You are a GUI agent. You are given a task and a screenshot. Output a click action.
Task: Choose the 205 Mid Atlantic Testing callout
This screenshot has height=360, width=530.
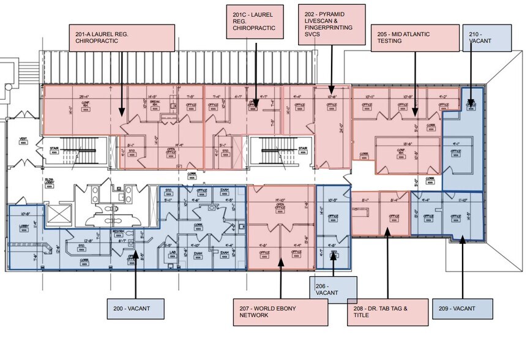click(415, 37)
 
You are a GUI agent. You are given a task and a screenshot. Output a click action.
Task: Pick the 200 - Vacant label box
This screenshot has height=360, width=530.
click(136, 307)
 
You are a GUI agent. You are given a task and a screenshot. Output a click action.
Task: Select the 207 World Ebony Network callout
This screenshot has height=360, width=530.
click(280, 312)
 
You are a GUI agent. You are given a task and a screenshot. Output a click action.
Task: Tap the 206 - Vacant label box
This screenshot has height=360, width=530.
click(333, 289)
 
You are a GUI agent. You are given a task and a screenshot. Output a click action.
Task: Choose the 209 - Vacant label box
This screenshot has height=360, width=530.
click(463, 308)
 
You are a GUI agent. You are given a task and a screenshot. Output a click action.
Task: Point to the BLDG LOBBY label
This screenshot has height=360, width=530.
click(49, 182)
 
